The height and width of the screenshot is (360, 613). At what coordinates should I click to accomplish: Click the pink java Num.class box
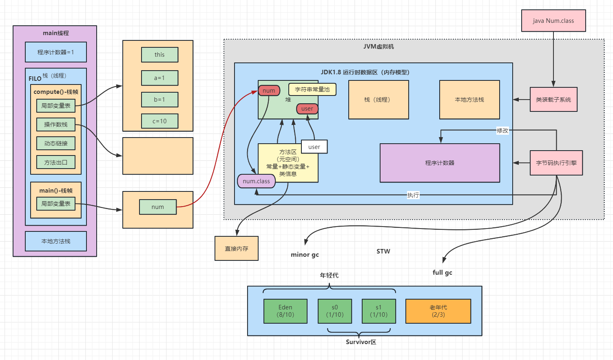tap(553, 21)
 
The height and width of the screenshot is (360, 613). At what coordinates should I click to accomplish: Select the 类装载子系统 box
tap(553, 100)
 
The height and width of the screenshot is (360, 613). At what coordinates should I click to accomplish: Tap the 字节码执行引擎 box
tap(556, 163)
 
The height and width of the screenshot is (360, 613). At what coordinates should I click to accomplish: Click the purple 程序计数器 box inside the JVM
tap(440, 163)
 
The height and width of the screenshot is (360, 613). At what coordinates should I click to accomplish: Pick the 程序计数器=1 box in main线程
tap(56, 52)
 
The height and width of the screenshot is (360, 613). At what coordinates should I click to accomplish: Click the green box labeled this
tap(159, 55)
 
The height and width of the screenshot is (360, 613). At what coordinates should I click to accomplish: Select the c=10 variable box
tap(159, 121)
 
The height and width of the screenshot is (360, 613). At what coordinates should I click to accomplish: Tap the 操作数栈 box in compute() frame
tap(56, 124)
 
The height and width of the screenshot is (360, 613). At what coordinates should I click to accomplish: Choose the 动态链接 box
tap(56, 143)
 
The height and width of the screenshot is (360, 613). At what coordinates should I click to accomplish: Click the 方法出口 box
tap(56, 162)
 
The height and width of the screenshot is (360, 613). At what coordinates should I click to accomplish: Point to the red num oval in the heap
tap(269, 91)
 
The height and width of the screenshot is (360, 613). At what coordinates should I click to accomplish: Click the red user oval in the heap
tap(307, 109)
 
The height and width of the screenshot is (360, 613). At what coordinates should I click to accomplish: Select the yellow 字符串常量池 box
tap(312, 89)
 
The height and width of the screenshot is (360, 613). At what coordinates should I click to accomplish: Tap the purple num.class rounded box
tap(256, 181)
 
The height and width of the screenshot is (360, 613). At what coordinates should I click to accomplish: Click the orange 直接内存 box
tap(237, 249)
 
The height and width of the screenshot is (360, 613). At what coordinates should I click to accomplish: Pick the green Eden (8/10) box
tap(285, 311)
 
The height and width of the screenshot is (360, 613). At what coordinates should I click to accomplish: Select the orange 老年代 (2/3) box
tap(438, 311)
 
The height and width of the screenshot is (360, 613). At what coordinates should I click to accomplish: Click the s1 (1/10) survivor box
tap(378, 311)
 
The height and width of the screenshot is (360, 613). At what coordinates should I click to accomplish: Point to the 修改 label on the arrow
tap(502, 131)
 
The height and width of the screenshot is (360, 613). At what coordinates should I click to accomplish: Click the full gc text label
tap(442, 273)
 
